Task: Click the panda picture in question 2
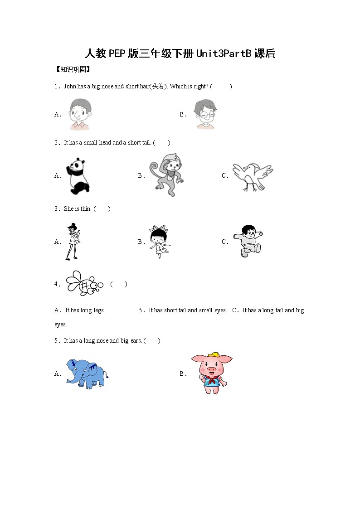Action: point(79,175)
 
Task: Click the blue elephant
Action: point(86,373)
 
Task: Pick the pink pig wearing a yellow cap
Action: point(211,373)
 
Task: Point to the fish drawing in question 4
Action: point(84,284)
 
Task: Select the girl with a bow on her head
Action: point(159,241)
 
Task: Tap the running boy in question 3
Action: point(248,241)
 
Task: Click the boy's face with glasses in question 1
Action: point(205,114)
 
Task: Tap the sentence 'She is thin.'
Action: point(78,208)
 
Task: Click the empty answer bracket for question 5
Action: point(152,340)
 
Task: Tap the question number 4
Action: point(57,284)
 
